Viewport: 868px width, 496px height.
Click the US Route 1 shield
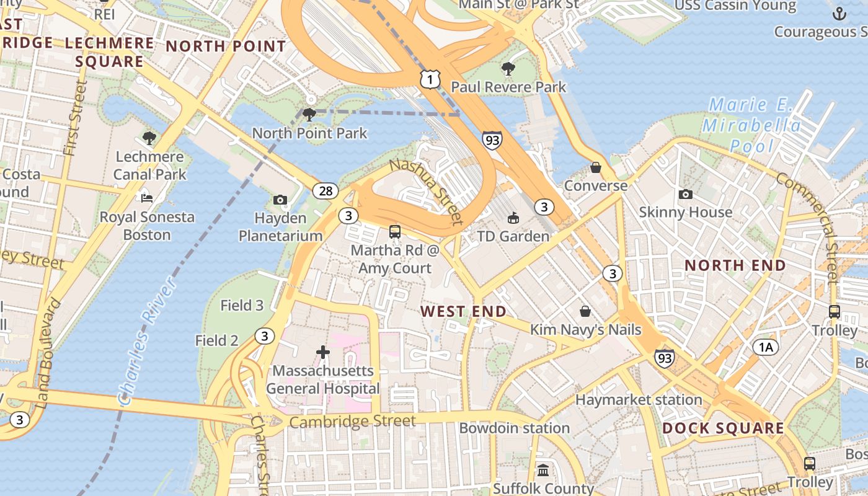tap(430, 79)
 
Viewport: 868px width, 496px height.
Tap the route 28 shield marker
tap(325, 190)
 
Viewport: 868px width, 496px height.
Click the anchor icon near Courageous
tap(839, 14)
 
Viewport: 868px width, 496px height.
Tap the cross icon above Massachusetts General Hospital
tap(323, 352)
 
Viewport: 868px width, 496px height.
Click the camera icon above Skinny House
tap(685, 194)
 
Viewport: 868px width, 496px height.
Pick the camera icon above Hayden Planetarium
tap(280, 200)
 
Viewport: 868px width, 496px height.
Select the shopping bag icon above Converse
tap(595, 167)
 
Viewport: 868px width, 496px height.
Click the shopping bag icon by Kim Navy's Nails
tap(585, 311)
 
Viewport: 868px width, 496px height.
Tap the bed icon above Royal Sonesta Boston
tap(147, 198)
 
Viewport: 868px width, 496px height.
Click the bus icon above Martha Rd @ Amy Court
tap(394, 232)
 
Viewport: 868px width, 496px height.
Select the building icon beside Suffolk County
tap(543, 470)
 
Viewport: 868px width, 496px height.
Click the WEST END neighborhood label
tap(463, 311)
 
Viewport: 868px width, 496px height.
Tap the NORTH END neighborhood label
tap(735, 265)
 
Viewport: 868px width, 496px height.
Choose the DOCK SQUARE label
tap(723, 428)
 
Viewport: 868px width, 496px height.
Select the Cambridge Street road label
tap(352, 422)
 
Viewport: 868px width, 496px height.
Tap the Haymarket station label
tap(639, 400)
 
